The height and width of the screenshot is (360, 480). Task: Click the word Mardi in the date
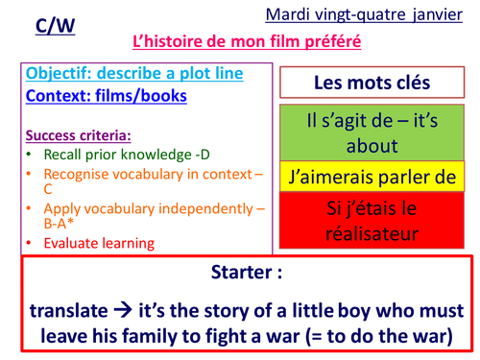(283, 15)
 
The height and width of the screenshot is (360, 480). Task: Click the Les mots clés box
(371, 84)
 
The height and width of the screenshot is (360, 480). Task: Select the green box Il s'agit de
(371, 135)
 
